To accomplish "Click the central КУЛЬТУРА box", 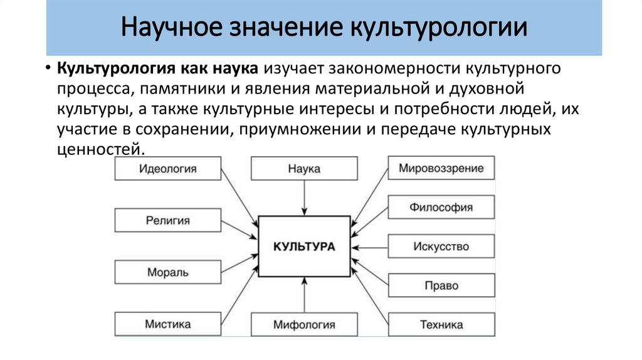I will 304,246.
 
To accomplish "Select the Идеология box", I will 167,169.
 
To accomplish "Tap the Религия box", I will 167,221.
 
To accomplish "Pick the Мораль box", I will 167,273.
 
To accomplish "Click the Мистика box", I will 167,324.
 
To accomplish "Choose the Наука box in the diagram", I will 304,169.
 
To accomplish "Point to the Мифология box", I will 304,325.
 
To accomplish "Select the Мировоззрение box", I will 441,168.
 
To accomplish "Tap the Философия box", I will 441,207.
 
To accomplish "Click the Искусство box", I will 441,246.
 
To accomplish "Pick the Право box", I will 441,286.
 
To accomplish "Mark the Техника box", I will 441,325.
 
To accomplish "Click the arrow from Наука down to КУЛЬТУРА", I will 304,198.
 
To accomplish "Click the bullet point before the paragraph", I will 48,68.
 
